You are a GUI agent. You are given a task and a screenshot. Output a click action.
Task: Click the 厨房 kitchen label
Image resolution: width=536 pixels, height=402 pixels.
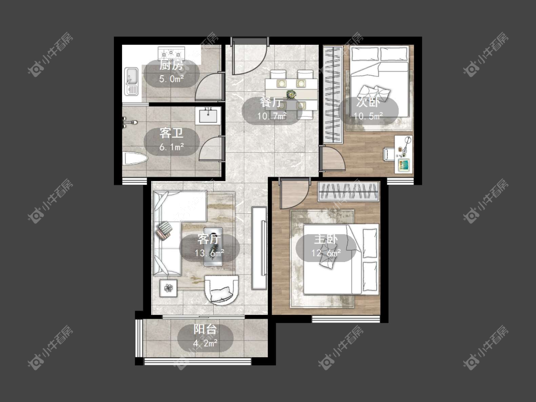click(171, 65)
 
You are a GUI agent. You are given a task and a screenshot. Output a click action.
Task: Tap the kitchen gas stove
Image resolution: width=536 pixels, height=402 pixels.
click(171, 53)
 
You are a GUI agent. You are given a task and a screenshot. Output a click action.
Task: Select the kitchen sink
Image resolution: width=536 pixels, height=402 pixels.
click(131, 81)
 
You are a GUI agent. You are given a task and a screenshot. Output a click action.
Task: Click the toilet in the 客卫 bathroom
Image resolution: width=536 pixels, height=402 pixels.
click(135, 159)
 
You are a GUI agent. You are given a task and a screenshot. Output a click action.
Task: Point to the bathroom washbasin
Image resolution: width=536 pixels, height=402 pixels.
click(208, 115)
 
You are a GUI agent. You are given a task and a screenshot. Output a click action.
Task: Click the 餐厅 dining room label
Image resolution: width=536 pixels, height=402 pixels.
click(272, 102)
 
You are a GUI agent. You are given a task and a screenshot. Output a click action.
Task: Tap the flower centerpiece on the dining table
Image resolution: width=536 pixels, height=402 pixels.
click(291, 93)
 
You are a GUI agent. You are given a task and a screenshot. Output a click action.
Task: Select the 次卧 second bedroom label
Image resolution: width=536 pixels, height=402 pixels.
click(368, 102)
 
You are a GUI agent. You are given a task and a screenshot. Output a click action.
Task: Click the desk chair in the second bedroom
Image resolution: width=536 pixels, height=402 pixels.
click(389, 153)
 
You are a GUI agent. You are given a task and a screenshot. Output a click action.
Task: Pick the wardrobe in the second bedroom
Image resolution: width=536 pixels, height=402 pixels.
click(334, 95)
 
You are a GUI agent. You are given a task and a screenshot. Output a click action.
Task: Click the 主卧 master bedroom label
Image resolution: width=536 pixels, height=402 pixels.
click(326, 239)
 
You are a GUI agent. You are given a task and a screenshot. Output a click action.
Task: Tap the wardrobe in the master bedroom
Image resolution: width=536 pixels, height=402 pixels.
click(349, 191)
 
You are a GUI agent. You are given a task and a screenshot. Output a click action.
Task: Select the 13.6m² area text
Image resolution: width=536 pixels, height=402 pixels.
click(209, 253)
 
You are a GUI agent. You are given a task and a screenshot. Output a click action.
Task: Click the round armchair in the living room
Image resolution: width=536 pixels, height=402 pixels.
click(221, 289)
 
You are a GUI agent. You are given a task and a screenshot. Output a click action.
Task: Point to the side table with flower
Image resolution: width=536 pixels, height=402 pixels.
click(168, 288)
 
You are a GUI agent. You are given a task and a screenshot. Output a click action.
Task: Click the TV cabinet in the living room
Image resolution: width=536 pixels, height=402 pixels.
click(259, 248)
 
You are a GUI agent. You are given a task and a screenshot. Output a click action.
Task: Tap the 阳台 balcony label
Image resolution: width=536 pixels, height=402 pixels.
click(205, 329)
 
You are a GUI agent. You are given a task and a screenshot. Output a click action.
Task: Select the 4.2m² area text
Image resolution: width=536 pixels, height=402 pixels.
click(205, 343)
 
